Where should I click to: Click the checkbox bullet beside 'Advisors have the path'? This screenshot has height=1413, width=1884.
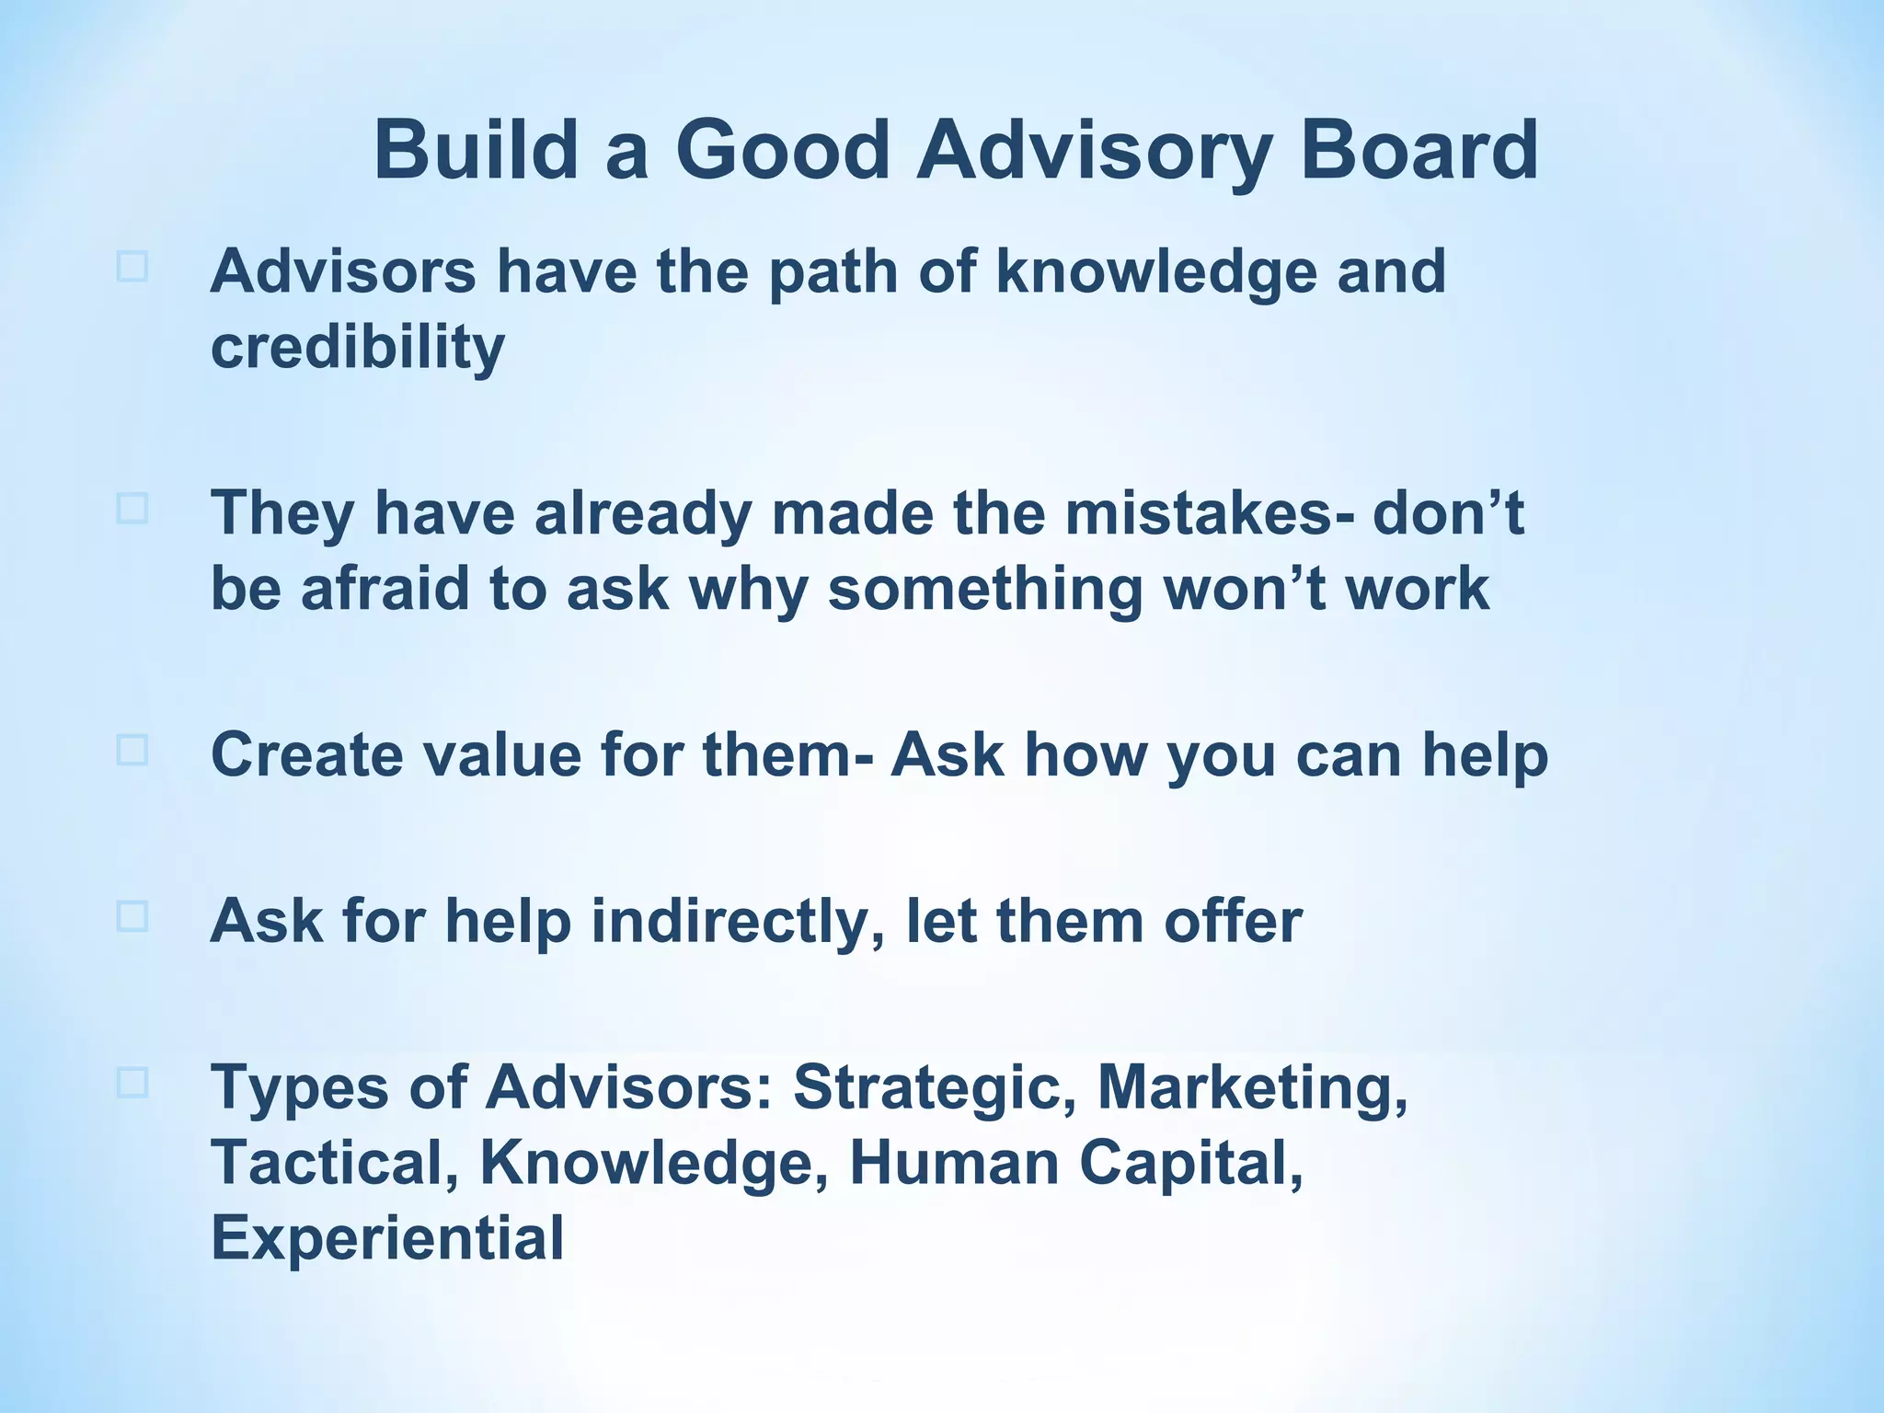coord(132,267)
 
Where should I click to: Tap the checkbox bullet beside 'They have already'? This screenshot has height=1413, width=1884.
coord(132,508)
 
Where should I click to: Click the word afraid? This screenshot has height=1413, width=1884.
coord(385,588)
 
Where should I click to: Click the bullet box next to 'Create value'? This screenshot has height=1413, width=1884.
coord(132,750)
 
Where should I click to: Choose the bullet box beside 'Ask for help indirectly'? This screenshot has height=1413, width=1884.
coord(132,916)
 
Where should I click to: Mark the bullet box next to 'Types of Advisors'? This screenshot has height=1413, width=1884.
coord(132,1083)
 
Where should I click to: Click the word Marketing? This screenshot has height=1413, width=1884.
coord(1252,1088)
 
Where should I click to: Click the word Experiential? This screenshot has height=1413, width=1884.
coord(387,1238)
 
